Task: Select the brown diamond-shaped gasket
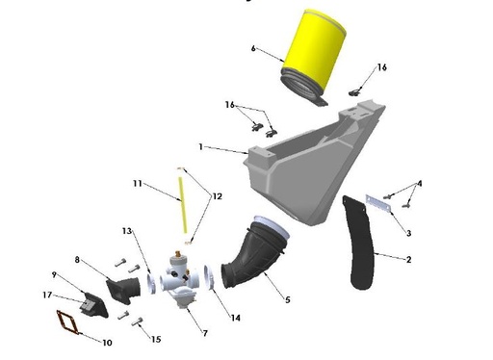click(x=68, y=323)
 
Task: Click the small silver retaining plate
click(x=379, y=203)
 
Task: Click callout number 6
click(x=253, y=49)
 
